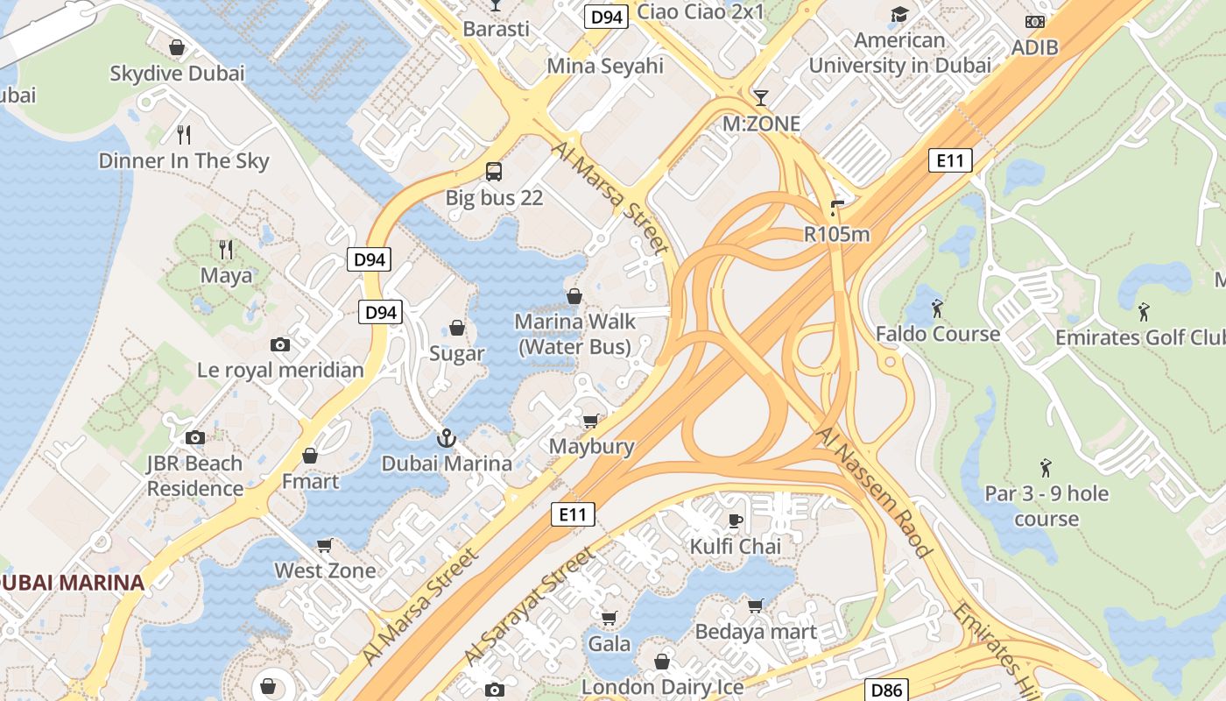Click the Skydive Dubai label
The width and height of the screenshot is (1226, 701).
pyautogui.click(x=177, y=74)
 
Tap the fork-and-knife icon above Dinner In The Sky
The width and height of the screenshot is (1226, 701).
pyautogui.click(x=184, y=134)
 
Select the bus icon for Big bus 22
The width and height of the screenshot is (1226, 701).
pyautogui.click(x=494, y=171)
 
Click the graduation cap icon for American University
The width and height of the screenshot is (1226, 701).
pyautogui.click(x=899, y=14)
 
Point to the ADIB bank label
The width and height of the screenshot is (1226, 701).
pyautogui.click(x=1034, y=47)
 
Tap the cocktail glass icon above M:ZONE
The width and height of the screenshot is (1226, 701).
pyautogui.click(x=761, y=97)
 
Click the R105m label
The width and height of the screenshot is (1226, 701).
pyautogui.click(x=836, y=234)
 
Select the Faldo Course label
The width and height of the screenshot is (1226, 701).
pyautogui.click(x=937, y=334)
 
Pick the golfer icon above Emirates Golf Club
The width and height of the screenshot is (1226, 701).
pyautogui.click(x=1143, y=311)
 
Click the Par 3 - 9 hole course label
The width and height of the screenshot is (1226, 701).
pyautogui.click(x=1046, y=506)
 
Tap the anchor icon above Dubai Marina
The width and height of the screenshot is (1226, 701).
pyautogui.click(x=447, y=436)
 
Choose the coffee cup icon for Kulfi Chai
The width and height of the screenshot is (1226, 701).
pyautogui.click(x=736, y=520)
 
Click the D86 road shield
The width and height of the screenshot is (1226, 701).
pyautogui.click(x=886, y=690)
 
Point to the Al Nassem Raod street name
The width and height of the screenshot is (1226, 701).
pyautogui.click(x=872, y=492)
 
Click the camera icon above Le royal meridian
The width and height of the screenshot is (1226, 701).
pyautogui.click(x=280, y=344)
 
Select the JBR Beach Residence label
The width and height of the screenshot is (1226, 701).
pyautogui.click(x=194, y=476)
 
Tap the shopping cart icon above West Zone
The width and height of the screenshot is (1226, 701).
pyautogui.click(x=324, y=545)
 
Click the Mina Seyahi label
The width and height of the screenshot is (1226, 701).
pyautogui.click(x=605, y=66)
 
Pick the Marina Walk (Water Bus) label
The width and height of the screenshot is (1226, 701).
pyautogui.click(x=574, y=334)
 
